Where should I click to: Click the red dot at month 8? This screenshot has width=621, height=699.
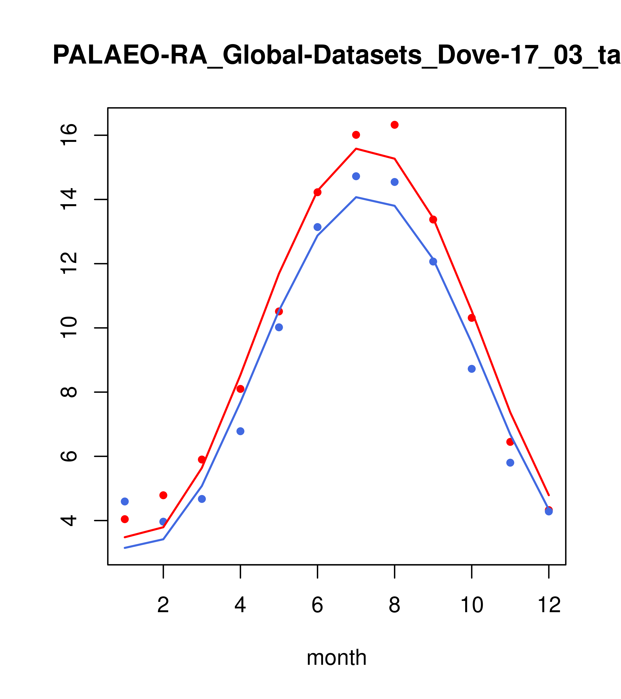(394, 125)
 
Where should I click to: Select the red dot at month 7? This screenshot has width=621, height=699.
(356, 135)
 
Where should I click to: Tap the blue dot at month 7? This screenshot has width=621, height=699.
(356, 176)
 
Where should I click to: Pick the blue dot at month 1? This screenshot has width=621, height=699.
(125, 501)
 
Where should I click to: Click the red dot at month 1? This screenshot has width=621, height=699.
(125, 519)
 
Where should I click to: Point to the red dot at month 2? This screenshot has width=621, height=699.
(163, 495)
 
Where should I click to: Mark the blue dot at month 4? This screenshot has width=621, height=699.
(240, 431)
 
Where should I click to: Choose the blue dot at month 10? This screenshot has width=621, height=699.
(472, 369)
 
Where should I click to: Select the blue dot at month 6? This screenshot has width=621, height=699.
(318, 227)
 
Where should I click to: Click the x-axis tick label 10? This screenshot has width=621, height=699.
(472, 605)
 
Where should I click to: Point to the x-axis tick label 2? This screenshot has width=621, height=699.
(163, 605)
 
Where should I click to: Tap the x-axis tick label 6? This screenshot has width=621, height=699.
(318, 605)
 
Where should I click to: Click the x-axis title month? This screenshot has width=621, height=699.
(337, 658)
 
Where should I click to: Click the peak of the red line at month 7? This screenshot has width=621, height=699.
(356, 149)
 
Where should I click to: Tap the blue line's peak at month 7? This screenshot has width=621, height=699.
(356, 197)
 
